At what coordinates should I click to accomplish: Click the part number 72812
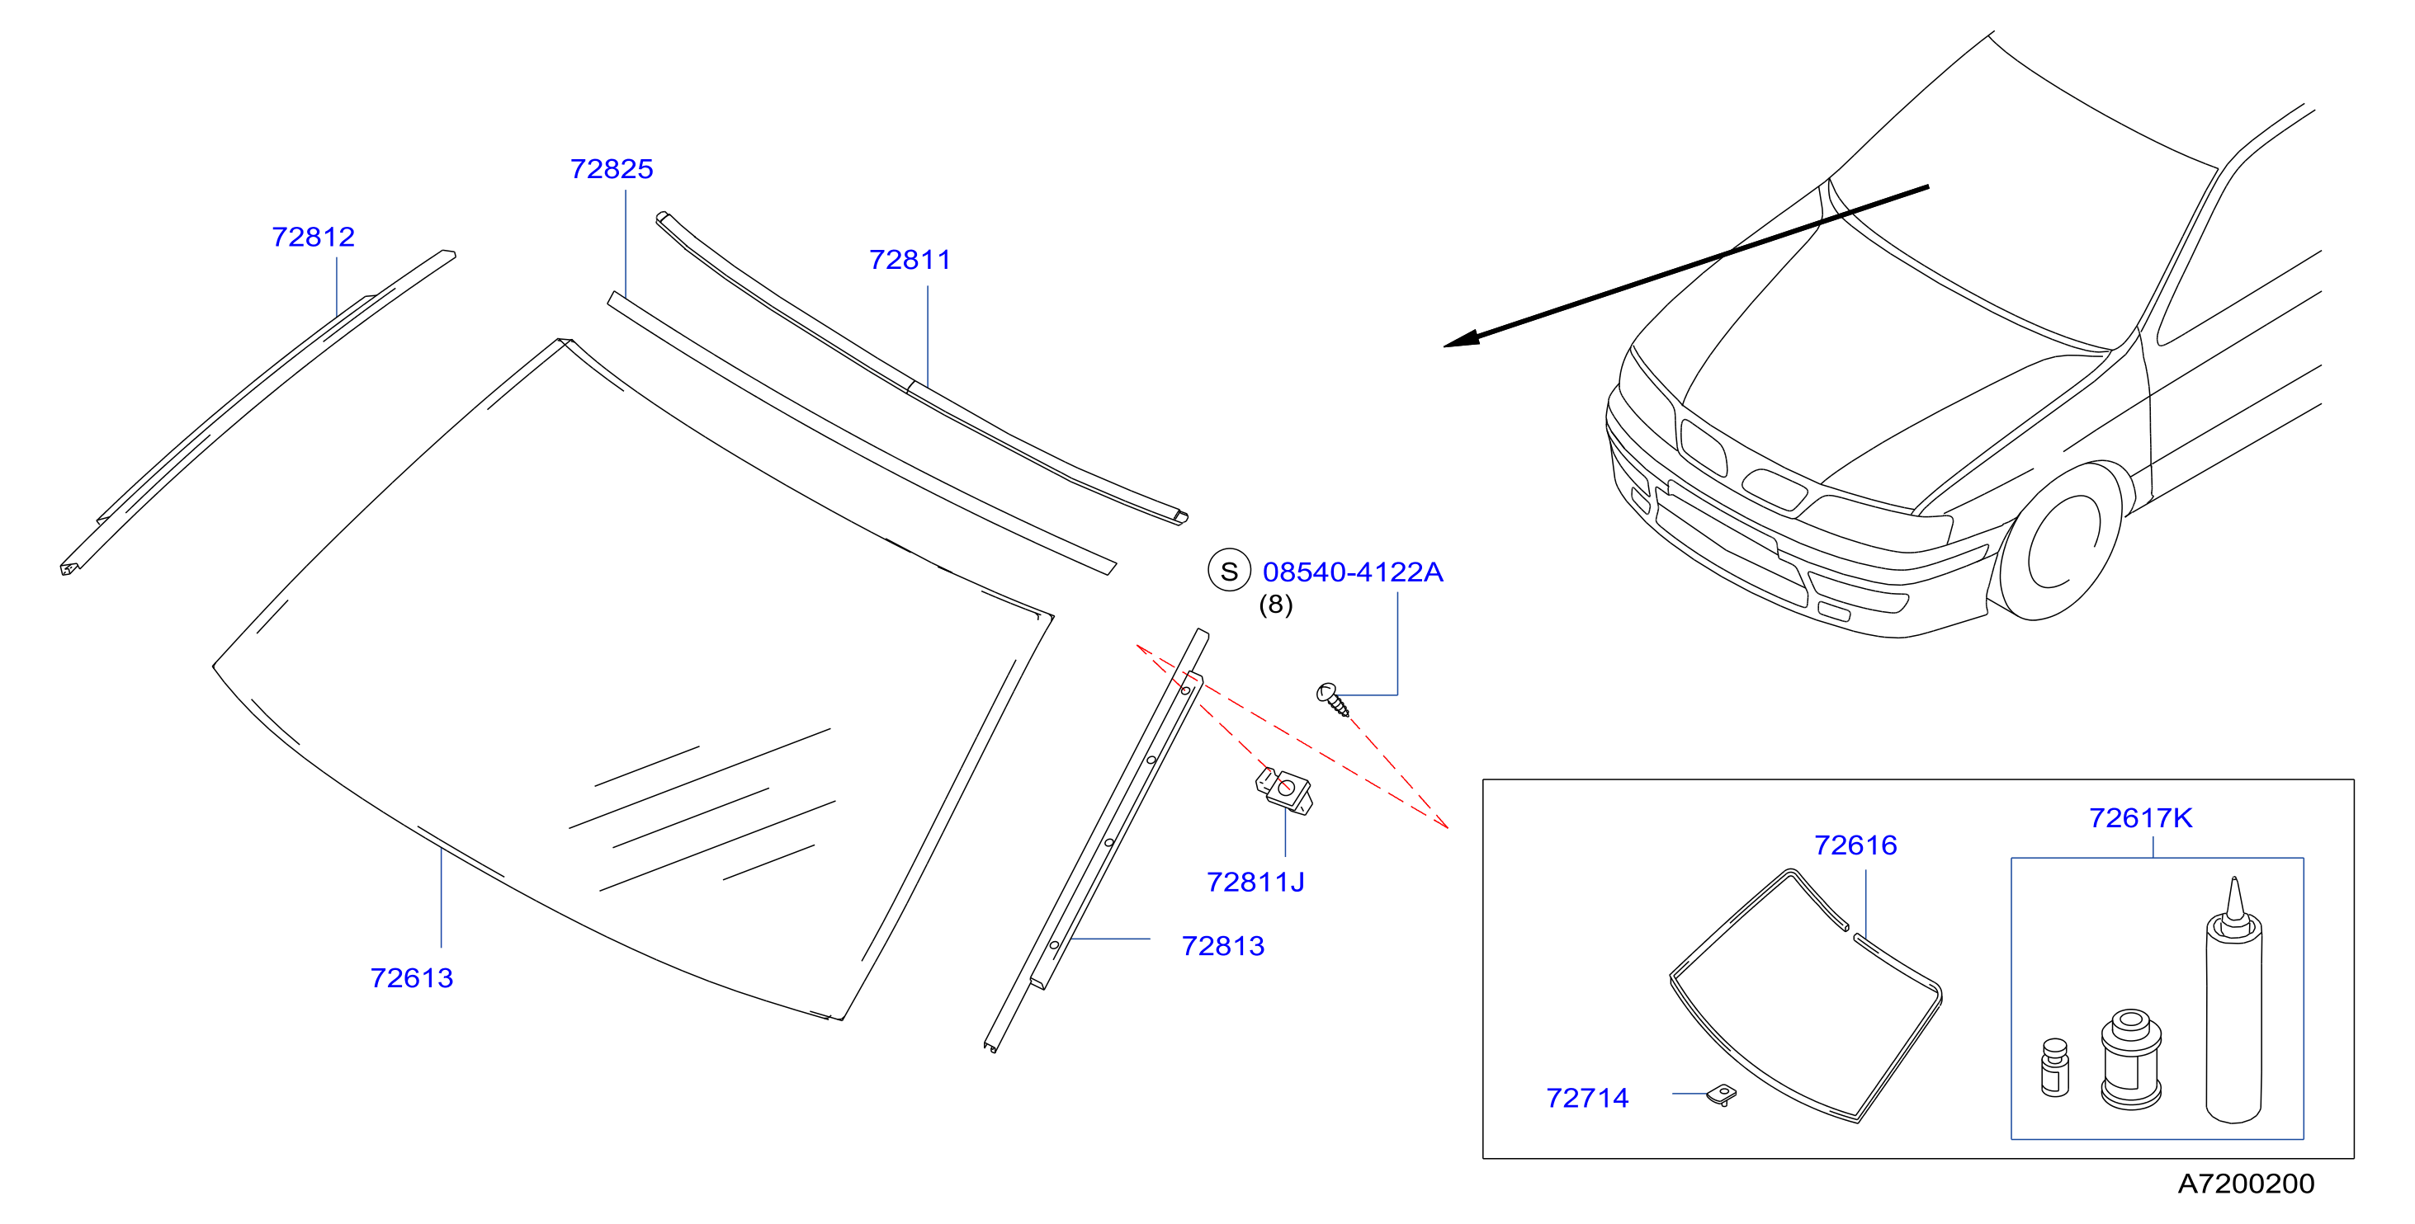pyautogui.click(x=313, y=237)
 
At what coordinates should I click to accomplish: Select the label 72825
pyautogui.click(x=612, y=169)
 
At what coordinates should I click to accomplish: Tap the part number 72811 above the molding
pyautogui.click(x=910, y=260)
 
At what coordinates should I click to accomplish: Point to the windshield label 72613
pyautogui.click(x=412, y=978)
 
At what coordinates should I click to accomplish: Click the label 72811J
pyautogui.click(x=1255, y=883)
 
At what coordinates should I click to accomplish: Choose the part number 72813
pyautogui.click(x=1222, y=947)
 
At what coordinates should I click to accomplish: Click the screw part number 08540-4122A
pyautogui.click(x=1353, y=572)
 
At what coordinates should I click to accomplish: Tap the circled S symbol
pyautogui.click(x=1229, y=571)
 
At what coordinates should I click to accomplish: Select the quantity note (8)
pyautogui.click(x=1275, y=605)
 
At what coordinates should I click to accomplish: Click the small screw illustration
pyautogui.click(x=1333, y=699)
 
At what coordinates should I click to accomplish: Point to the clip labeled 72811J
pyautogui.click(x=1283, y=791)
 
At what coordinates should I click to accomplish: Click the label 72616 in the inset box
pyautogui.click(x=1855, y=846)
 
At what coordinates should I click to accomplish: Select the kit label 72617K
pyautogui.click(x=2140, y=819)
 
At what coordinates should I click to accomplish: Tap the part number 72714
pyautogui.click(x=1587, y=1099)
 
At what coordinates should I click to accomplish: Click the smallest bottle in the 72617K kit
pyautogui.click(x=2055, y=1067)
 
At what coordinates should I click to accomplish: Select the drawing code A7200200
pyautogui.click(x=2245, y=1184)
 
